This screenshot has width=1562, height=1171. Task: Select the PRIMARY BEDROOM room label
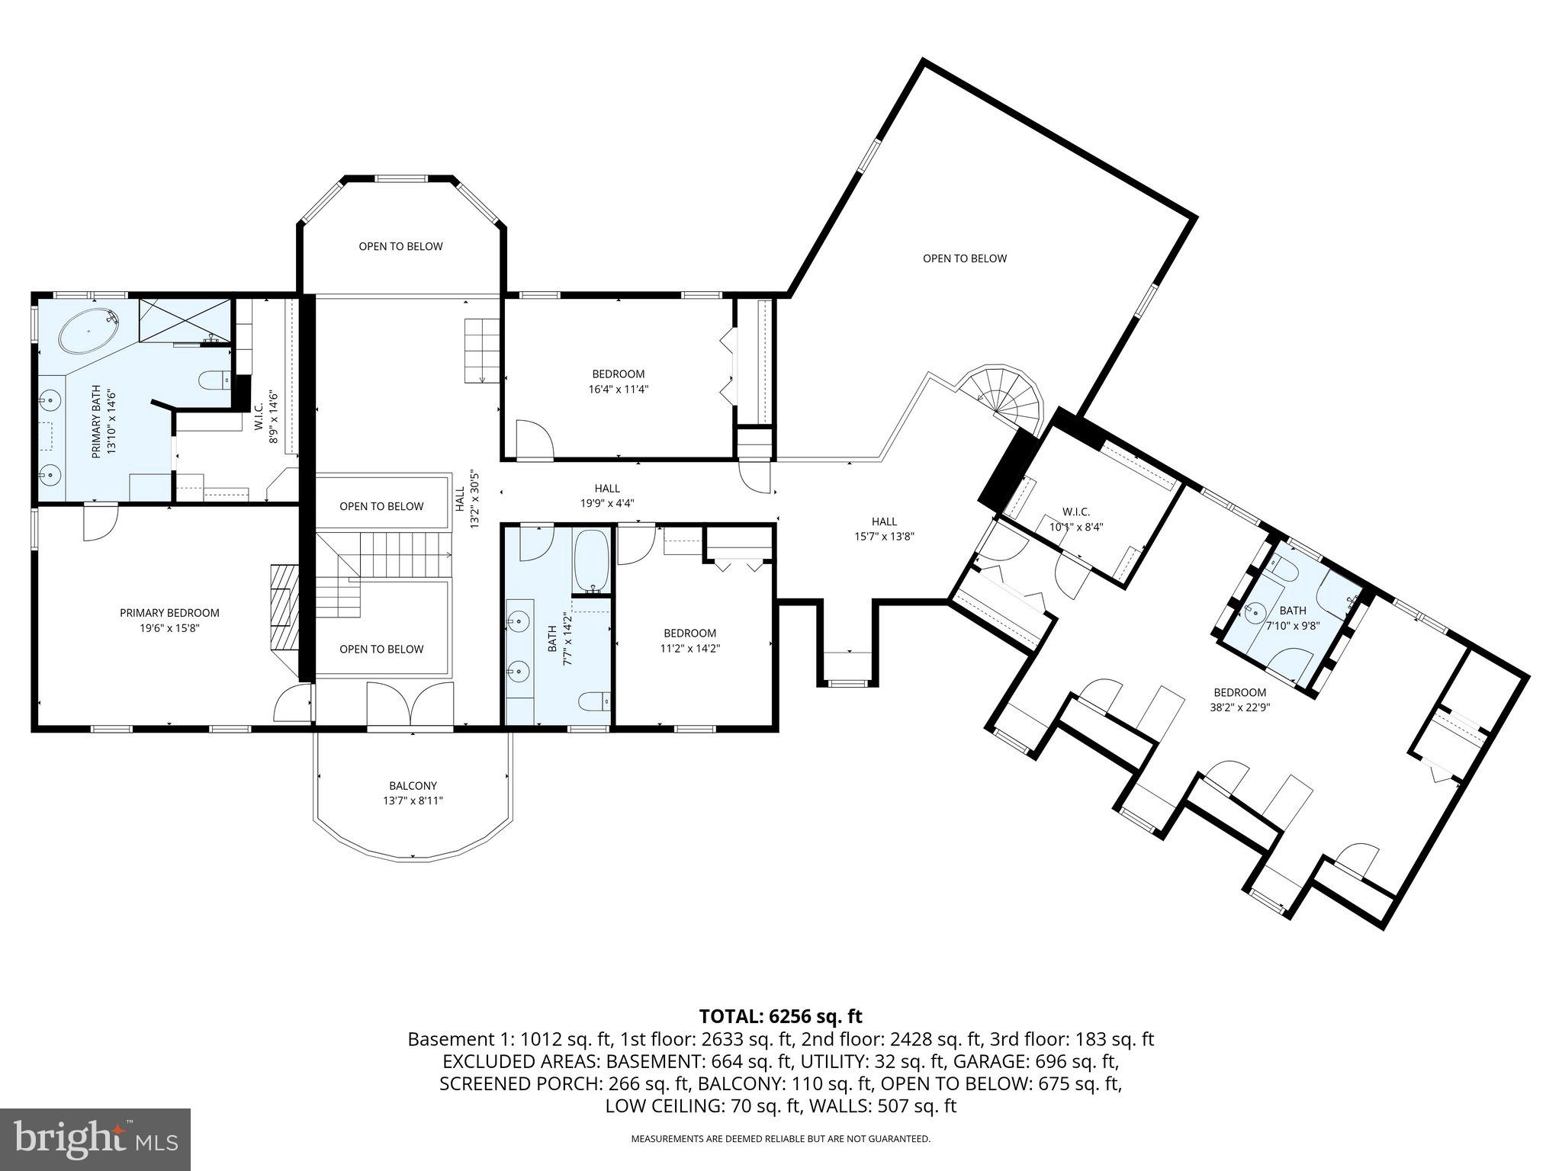point(169,613)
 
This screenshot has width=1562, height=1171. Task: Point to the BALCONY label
point(413,786)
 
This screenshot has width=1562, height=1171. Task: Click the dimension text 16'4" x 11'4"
point(618,389)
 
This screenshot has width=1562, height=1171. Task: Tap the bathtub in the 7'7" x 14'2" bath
point(591,561)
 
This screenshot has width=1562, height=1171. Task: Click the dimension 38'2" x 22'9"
point(1240,707)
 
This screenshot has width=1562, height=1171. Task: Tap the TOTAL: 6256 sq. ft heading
point(780,1016)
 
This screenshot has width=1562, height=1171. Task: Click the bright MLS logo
point(95,1139)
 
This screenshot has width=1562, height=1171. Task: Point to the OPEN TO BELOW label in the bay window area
point(400,246)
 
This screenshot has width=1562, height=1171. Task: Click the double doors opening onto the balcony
point(410,705)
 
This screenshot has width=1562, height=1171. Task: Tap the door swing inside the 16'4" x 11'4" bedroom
point(535,440)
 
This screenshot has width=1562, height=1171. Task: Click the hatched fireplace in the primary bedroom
point(284,606)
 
